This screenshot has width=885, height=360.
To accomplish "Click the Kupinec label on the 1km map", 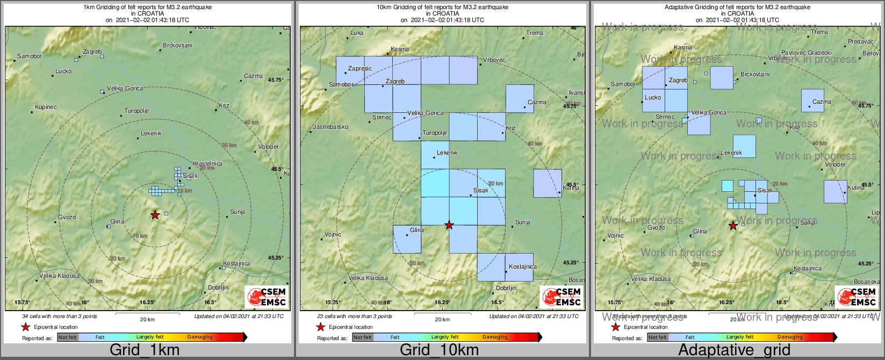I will pos(46,107).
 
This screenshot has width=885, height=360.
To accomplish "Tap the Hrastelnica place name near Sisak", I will pos(207,163).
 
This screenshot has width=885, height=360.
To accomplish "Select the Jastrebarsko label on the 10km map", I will pos(330,127).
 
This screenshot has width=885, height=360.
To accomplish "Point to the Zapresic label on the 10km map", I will pos(360,69).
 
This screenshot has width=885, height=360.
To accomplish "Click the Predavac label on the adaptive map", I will pos(861,41).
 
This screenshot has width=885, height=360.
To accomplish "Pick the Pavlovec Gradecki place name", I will pos(806,53).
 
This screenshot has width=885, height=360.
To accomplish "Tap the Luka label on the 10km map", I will pos(357,33).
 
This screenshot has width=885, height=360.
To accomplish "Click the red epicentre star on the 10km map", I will pos(449,225).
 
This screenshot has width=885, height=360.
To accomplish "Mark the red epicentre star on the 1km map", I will pos(155,215).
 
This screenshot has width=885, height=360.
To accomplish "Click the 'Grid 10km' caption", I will pos(439,350).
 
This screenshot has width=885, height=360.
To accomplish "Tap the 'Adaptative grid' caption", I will pos(734,350).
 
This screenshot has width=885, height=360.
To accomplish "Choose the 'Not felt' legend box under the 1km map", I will pos(68,337).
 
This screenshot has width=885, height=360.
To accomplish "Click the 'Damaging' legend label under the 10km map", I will pos(495,337).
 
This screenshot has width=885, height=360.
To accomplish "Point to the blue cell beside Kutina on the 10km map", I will pos(547,183).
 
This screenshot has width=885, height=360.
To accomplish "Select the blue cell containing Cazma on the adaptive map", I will pos(812,100).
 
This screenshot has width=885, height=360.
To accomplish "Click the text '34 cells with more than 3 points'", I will pos(60,316).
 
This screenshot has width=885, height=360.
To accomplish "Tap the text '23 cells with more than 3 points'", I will pos(355,316).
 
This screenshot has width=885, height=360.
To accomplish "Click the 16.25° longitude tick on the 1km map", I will pos(147,303).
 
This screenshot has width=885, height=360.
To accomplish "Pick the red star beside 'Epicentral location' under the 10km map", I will pos(320,327).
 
